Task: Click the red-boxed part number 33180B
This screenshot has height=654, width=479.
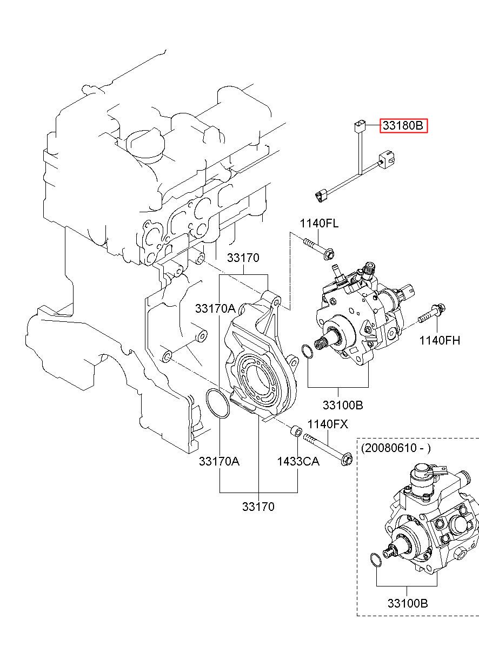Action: pyautogui.click(x=403, y=126)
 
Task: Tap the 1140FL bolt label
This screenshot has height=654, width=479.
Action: pyautogui.click(x=319, y=224)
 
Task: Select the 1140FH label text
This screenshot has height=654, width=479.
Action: pyautogui.click(x=440, y=340)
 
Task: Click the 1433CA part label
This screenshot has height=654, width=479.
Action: pyautogui.click(x=298, y=462)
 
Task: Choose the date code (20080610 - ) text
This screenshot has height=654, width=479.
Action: pyautogui.click(x=396, y=448)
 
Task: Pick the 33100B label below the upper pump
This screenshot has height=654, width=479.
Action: pyautogui.click(x=343, y=405)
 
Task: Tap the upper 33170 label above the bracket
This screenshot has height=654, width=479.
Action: pyautogui.click(x=243, y=258)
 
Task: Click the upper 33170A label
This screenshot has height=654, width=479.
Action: pyautogui.click(x=215, y=308)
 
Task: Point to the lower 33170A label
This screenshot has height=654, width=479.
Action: pyautogui.click(x=219, y=462)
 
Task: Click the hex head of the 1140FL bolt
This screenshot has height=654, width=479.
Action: pyautogui.click(x=329, y=255)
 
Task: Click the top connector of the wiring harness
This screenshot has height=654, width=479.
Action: pyautogui.click(x=358, y=126)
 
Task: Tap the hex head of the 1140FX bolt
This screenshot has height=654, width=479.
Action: pyautogui.click(x=347, y=460)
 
